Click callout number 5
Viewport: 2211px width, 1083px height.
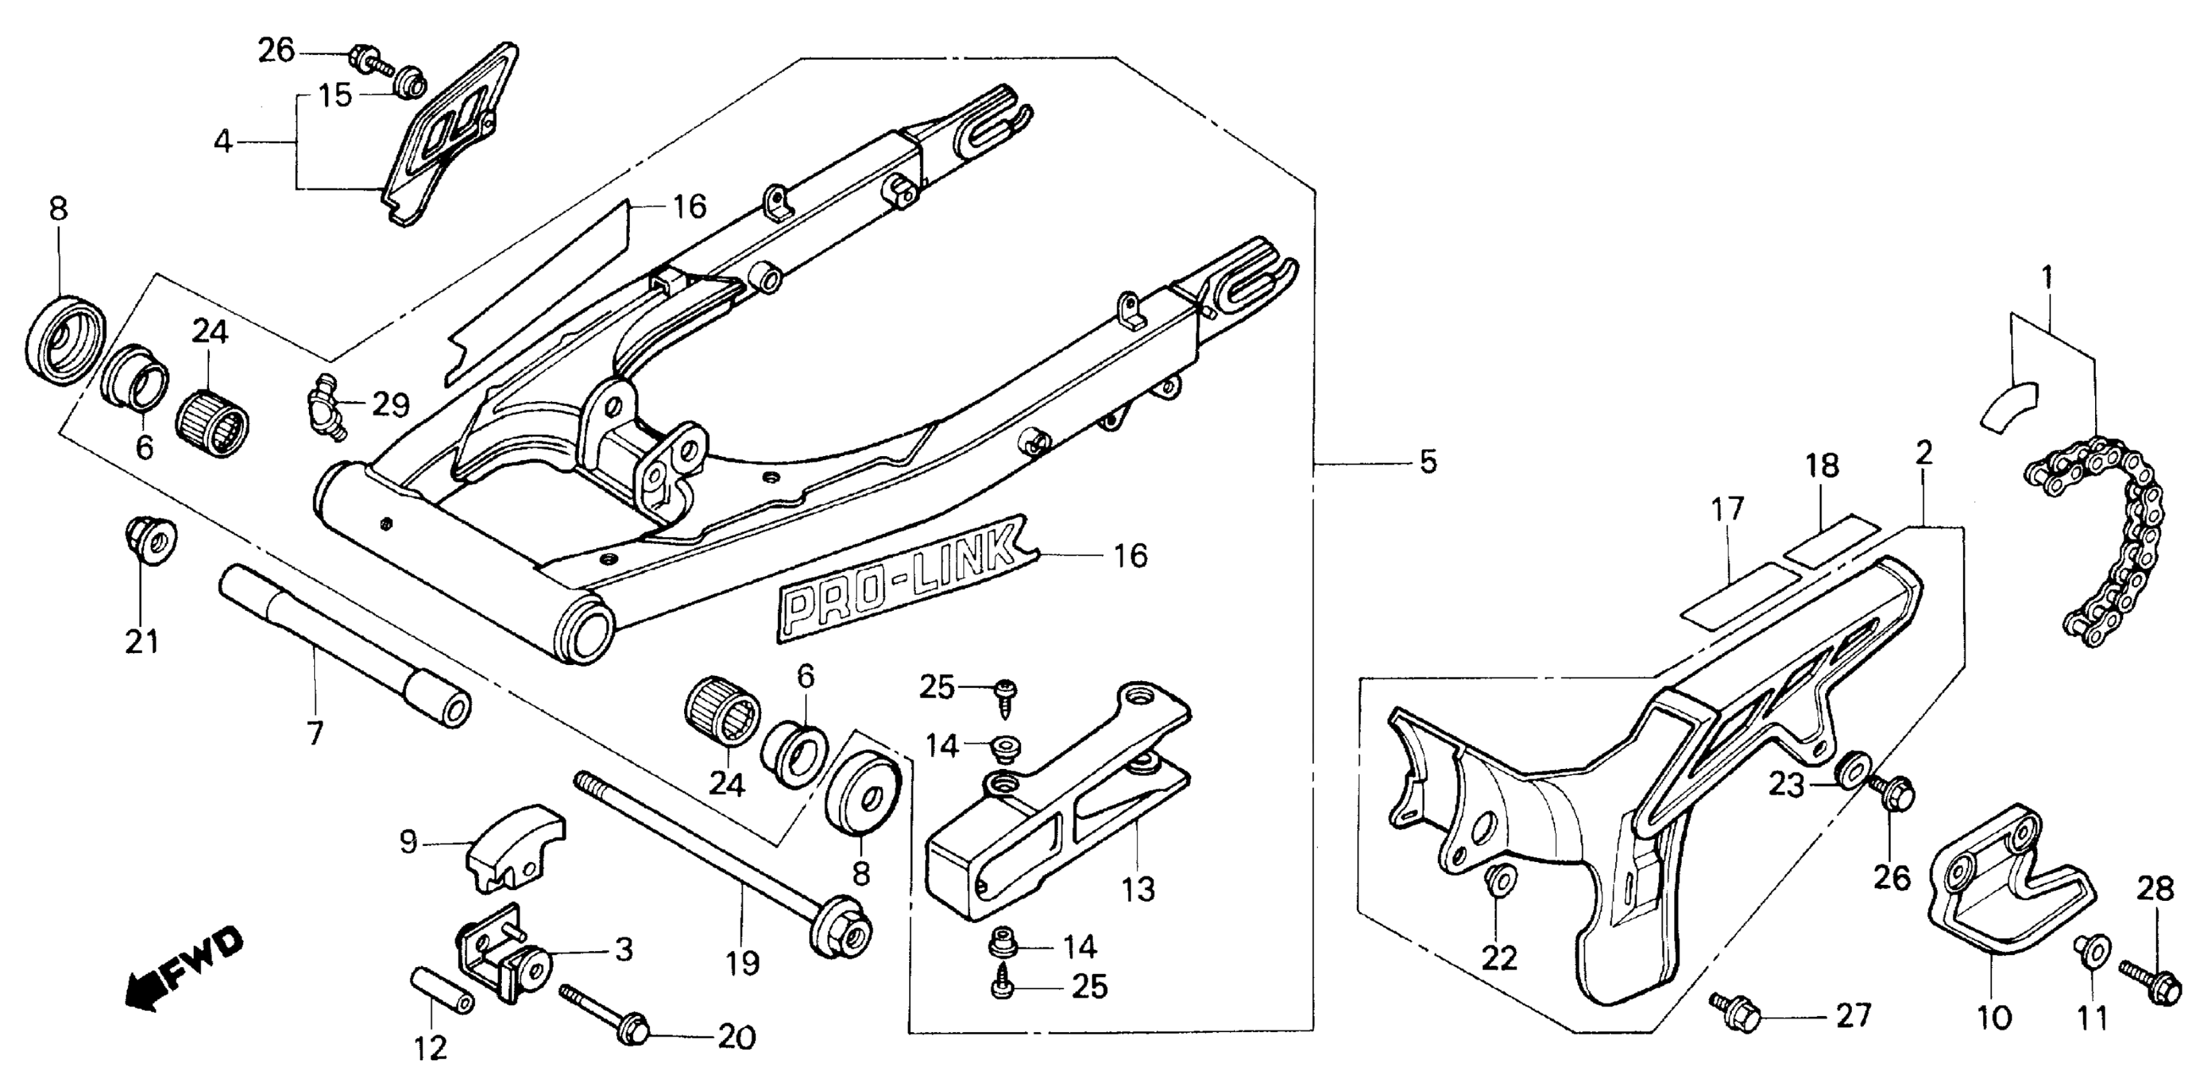pos(1427,463)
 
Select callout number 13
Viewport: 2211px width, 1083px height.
pos(1138,889)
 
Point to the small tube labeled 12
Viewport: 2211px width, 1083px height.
pos(443,991)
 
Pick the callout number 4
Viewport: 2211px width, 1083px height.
pos(223,141)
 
